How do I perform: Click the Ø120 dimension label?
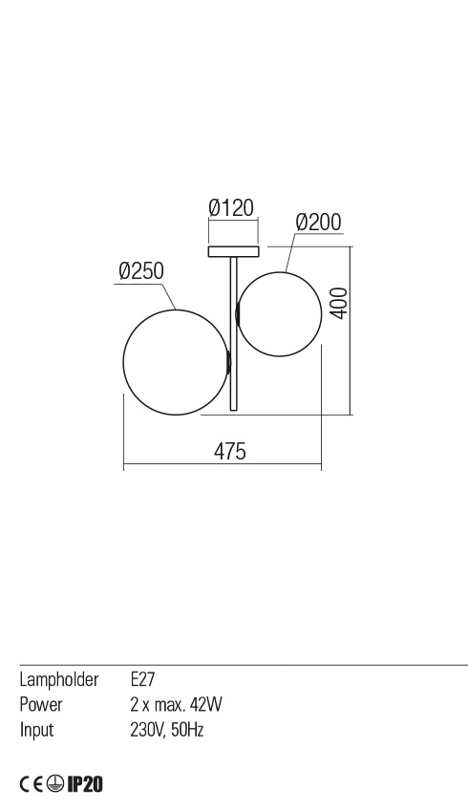point(231,207)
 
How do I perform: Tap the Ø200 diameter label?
point(318,222)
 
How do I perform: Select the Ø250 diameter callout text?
point(140,271)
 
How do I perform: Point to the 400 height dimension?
point(337,304)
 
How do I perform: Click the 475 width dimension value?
point(229,451)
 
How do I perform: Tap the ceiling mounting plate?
point(233,252)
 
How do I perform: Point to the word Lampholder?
point(59,680)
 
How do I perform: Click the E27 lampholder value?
point(142,680)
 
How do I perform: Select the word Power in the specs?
point(41,705)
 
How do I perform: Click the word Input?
point(36,730)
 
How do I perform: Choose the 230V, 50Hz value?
point(166,730)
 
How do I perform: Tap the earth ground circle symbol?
point(56,784)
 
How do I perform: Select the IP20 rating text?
point(84,784)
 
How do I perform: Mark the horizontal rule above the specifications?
point(244,664)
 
